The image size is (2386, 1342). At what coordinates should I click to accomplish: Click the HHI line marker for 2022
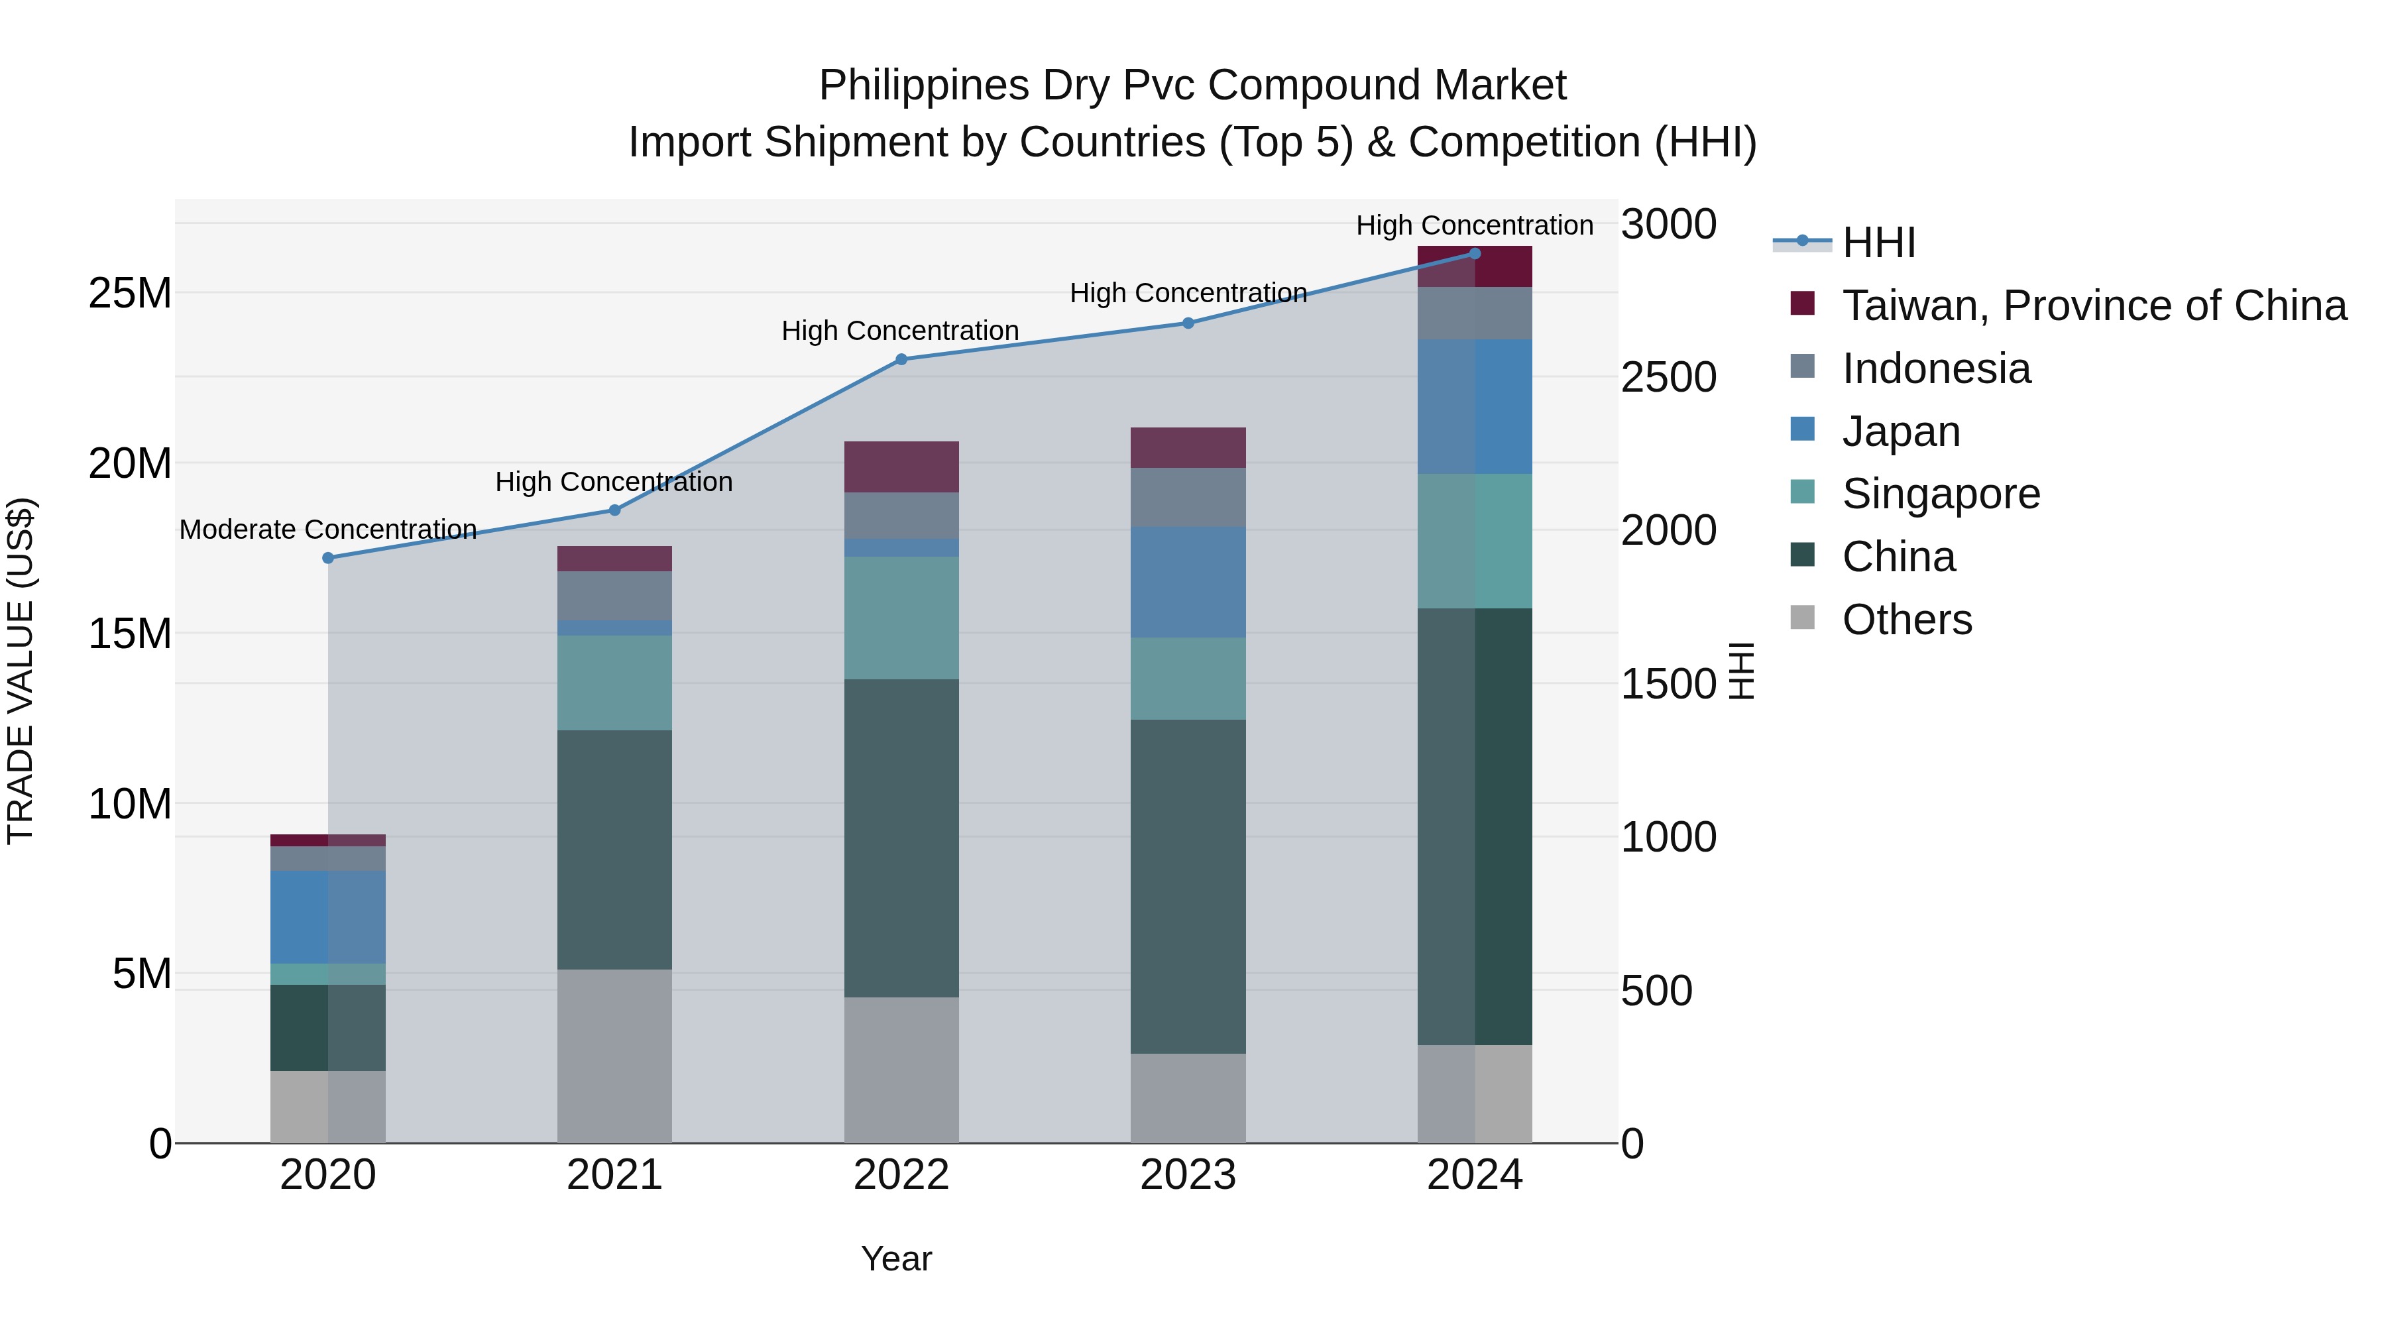click(x=900, y=359)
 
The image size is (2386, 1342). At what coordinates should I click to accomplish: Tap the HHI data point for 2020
click(x=328, y=557)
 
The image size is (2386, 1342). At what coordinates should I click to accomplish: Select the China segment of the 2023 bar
click(x=1188, y=886)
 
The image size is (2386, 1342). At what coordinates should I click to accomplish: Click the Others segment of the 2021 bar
click(x=614, y=1056)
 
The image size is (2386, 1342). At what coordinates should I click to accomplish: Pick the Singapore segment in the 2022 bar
click(x=900, y=618)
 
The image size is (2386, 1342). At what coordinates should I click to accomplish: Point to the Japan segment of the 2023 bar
click(x=1188, y=582)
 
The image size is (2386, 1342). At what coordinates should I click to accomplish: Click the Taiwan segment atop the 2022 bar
click(x=900, y=466)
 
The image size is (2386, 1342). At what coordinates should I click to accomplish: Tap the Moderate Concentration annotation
click(x=328, y=530)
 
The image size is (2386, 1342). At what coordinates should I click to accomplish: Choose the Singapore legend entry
click(x=1941, y=494)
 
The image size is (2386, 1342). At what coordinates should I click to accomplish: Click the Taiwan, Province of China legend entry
click(x=2093, y=306)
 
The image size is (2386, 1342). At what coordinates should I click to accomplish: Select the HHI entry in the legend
click(x=1878, y=243)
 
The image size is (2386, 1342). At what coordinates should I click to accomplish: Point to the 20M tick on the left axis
click(x=130, y=463)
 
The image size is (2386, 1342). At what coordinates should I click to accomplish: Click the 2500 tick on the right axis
click(x=1668, y=377)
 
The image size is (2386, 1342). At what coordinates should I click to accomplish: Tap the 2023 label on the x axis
click(x=1188, y=1175)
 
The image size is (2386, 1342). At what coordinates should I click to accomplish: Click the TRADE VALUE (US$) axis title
click(x=21, y=671)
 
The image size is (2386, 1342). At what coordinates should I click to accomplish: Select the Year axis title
click(x=895, y=1258)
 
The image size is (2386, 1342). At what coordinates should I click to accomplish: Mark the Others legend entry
click(x=1906, y=620)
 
